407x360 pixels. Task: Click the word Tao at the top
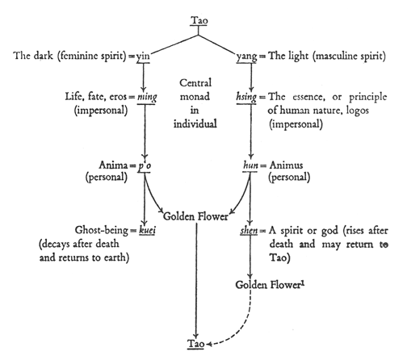pyautogui.click(x=199, y=20)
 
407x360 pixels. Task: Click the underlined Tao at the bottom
pyautogui.click(x=196, y=344)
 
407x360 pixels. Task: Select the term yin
pyautogui.click(x=143, y=57)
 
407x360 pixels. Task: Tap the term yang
pyautogui.click(x=246, y=57)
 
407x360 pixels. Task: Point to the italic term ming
pyautogui.click(x=147, y=97)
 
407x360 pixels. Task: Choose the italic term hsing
pyautogui.click(x=246, y=97)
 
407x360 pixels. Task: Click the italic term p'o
pyautogui.click(x=145, y=165)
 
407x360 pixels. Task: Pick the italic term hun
pyautogui.click(x=250, y=165)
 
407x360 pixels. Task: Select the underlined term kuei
pyautogui.click(x=147, y=230)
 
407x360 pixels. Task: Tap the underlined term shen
pyautogui.click(x=249, y=231)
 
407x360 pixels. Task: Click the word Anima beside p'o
pyautogui.click(x=113, y=165)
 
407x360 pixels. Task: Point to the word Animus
pyautogui.click(x=286, y=165)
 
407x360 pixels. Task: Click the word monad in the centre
pyautogui.click(x=195, y=96)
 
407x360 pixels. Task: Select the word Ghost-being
pyautogui.click(x=102, y=230)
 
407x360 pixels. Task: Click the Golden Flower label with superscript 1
pyautogui.click(x=270, y=285)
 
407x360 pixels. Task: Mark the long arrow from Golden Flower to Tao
pyautogui.click(x=196, y=281)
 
